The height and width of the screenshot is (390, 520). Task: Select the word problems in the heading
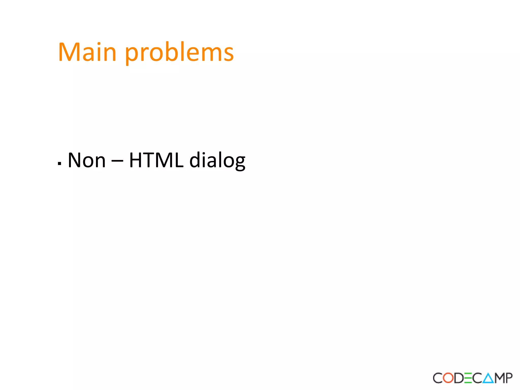tap(179, 53)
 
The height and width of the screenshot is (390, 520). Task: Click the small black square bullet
tap(59, 164)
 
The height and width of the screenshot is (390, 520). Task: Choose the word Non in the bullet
tap(87, 160)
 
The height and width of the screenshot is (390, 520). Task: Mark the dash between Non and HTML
tap(117, 161)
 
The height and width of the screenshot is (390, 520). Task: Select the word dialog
tap(217, 160)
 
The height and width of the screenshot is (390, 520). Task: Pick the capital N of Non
tap(74, 160)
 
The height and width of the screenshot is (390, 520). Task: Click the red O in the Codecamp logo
tap(448, 378)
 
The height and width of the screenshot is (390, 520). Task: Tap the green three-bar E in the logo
tap(468, 378)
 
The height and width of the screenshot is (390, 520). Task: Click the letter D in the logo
tap(459, 378)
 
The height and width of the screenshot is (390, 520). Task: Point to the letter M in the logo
tap(499, 378)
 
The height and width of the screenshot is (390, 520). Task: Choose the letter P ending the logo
tap(509, 378)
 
